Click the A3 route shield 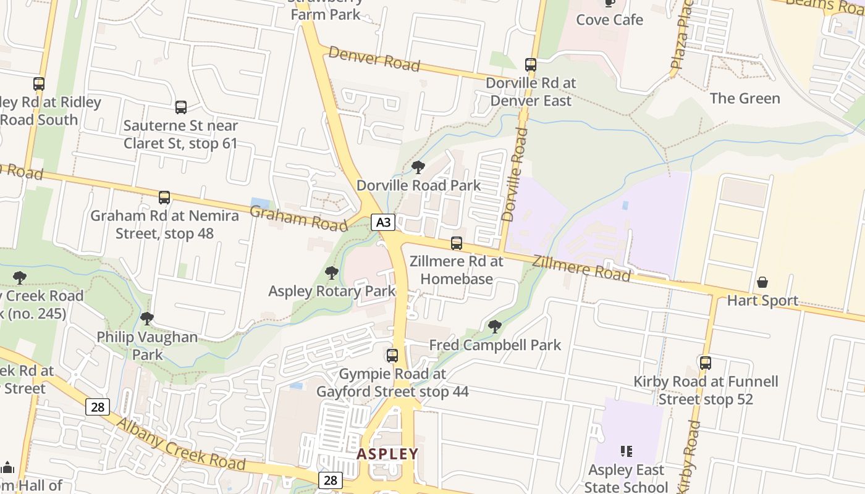click(x=383, y=222)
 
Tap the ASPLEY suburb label click(x=387, y=454)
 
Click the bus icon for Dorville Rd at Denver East click(x=530, y=64)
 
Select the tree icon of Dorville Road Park click(x=418, y=167)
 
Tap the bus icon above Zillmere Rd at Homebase click(x=457, y=243)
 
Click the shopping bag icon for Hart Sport click(x=762, y=282)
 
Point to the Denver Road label click(x=374, y=59)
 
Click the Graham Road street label click(x=298, y=218)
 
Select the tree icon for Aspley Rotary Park click(x=332, y=273)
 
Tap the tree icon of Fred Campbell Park click(x=495, y=327)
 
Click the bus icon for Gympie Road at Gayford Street click(x=392, y=356)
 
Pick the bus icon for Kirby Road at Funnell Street click(x=706, y=363)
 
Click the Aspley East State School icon click(x=627, y=451)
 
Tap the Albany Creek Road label click(x=180, y=445)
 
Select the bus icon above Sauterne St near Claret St click(x=181, y=107)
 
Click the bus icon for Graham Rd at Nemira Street click(x=164, y=198)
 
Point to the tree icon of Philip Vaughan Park click(x=147, y=319)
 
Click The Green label click(x=745, y=98)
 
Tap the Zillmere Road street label click(x=581, y=268)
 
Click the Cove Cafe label click(x=609, y=20)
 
